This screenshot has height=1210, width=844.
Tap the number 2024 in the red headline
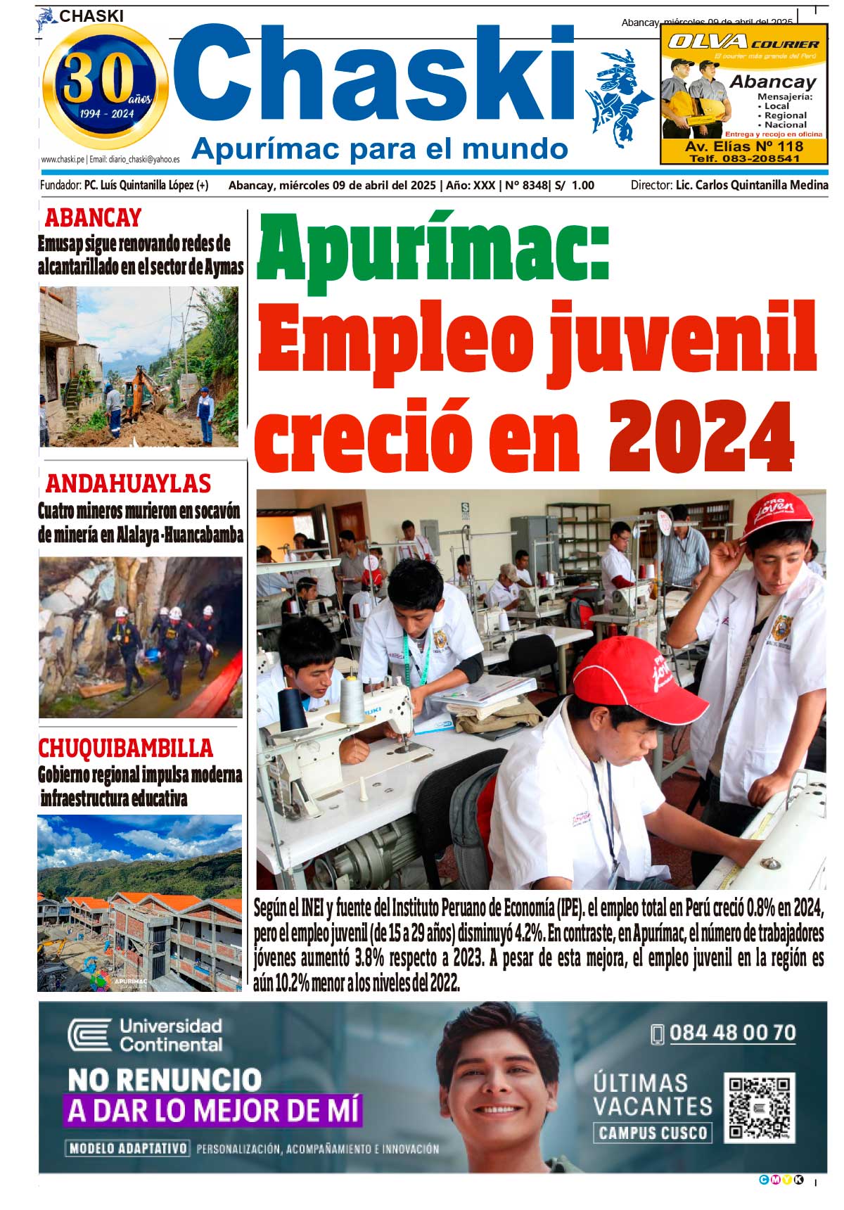point(701,437)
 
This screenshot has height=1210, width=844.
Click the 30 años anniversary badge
point(105,87)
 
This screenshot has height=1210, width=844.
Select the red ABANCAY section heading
point(93,218)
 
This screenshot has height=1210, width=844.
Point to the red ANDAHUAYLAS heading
point(128,484)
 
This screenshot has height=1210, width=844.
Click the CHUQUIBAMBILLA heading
point(125,748)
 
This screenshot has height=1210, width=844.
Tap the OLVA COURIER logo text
point(743,42)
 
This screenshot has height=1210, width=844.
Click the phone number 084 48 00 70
point(732,1033)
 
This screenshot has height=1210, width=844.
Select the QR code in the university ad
point(759,1107)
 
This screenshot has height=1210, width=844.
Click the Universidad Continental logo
point(146,1035)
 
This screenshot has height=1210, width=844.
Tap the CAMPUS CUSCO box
point(653,1133)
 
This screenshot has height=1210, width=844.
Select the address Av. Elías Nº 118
point(743,146)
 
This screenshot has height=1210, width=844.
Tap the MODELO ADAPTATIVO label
point(128,1148)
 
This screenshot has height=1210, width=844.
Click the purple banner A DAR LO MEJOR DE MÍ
point(213,1111)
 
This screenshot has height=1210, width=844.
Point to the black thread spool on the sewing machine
point(292,708)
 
